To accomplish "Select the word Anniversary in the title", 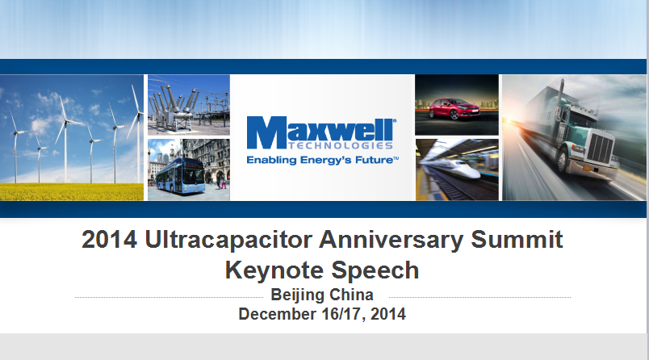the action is (391, 241).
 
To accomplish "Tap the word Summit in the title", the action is (517, 240).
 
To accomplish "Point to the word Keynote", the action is (274, 271).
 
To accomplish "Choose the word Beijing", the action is (297, 295).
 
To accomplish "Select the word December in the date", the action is (278, 314).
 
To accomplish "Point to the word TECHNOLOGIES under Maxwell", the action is (340, 145).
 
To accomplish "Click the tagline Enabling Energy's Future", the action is (322, 160).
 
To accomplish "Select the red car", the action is (454, 109).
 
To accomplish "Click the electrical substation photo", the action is (189, 105).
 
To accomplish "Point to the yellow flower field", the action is (72, 191).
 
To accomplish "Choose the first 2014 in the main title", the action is (109, 240).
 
